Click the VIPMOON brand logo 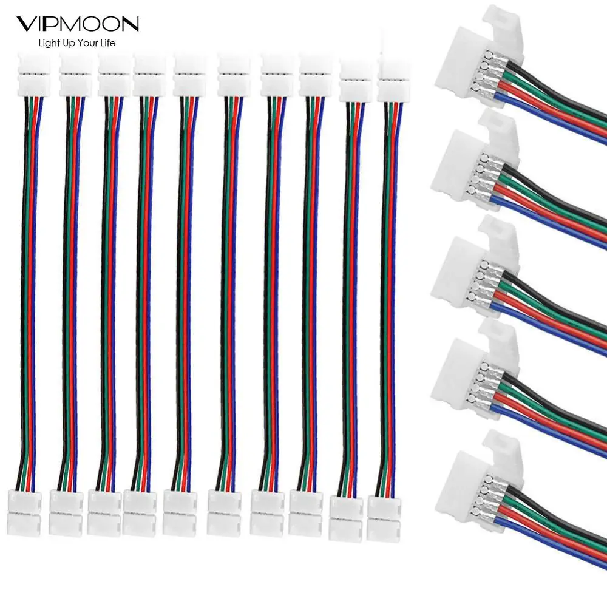tap(78, 24)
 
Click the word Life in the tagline tap(106, 43)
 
